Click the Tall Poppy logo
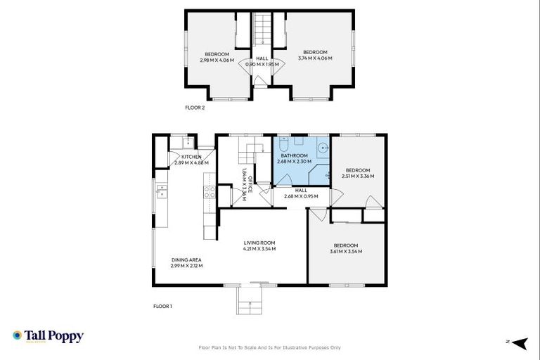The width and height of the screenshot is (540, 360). tap(48, 336)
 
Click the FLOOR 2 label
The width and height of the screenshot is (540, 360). tap(195, 108)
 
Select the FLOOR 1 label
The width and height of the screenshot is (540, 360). tap(162, 306)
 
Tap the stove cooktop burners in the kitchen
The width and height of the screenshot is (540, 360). tap(208, 193)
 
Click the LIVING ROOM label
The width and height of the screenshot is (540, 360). tap(259, 243)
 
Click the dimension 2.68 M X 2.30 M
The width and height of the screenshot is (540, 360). tap(294, 162)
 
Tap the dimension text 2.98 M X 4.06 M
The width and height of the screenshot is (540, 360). tap(217, 61)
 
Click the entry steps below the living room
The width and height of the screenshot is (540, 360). tap(249, 303)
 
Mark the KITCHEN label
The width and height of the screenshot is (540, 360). tap(191, 157)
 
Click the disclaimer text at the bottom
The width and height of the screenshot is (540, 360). tap(270, 347)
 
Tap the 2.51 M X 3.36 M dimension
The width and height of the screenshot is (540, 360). tap(357, 176)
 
